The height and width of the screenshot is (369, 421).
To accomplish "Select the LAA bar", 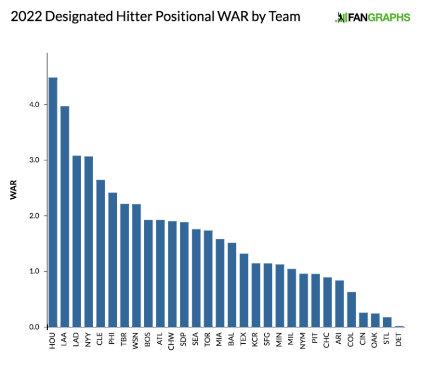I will [65, 216].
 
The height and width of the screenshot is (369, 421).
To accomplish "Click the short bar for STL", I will [387, 322].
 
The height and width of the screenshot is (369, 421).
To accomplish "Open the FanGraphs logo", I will [372, 17].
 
